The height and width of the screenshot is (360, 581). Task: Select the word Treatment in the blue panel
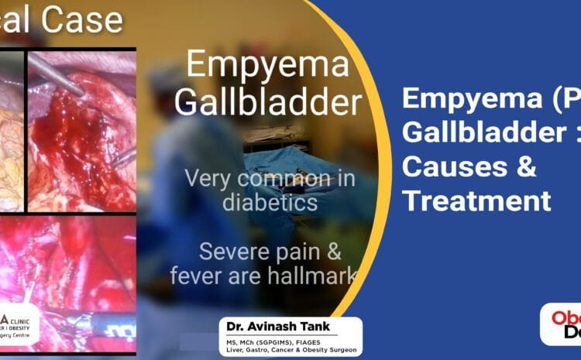point(477,201)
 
